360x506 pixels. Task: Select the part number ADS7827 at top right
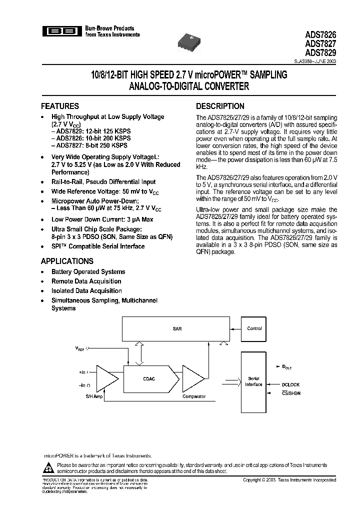point(320,43)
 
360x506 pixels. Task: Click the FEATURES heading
point(59,106)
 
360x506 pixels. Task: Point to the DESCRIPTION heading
point(220,106)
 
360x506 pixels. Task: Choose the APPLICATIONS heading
point(67,261)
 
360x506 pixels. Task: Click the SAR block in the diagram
point(177,329)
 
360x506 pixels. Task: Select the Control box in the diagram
point(254,329)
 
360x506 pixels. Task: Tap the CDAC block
point(148,379)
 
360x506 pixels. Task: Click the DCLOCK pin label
point(290,384)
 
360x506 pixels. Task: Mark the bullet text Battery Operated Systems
point(88,272)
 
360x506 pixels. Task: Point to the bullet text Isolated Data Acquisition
point(86,291)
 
